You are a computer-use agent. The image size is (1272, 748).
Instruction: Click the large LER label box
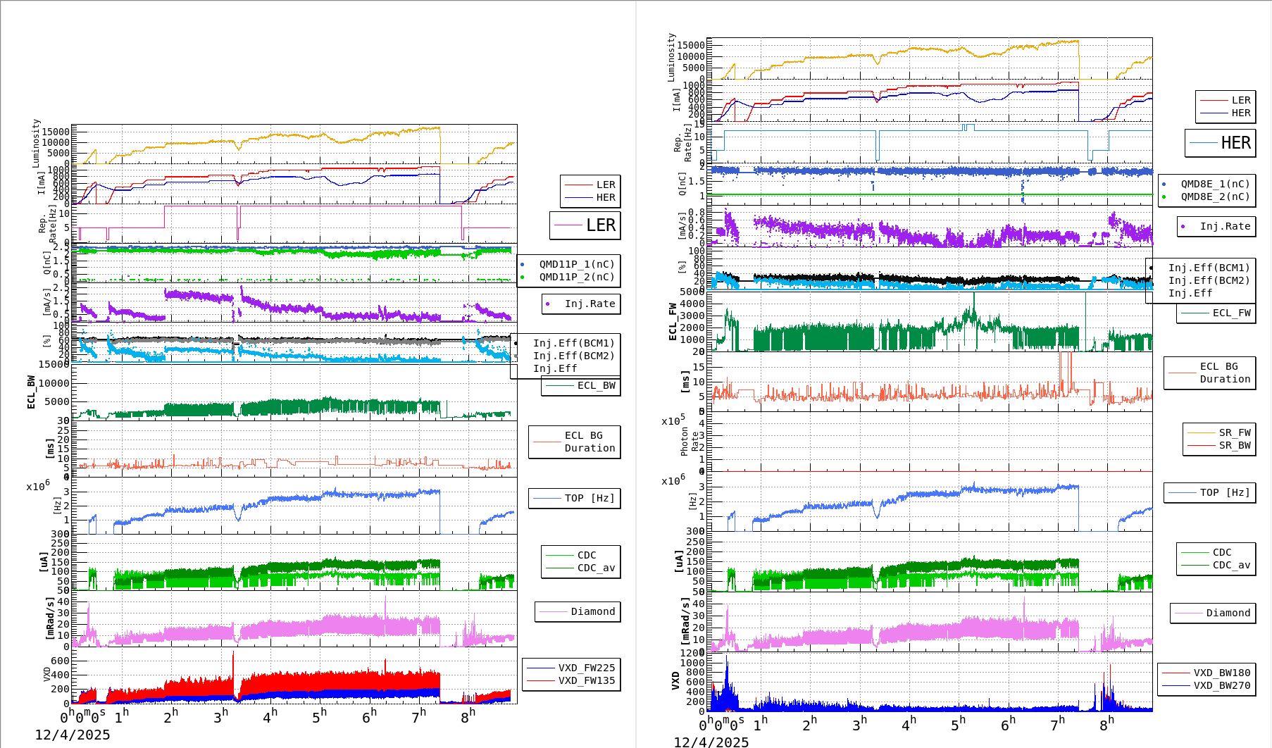[x=585, y=225]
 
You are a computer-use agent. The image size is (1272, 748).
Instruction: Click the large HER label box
[x=1220, y=143]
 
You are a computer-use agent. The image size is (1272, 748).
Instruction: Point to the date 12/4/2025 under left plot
[x=73, y=735]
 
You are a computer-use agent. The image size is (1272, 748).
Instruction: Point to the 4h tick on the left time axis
[x=269, y=716]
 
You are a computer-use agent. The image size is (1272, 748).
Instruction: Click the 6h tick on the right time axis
[x=1008, y=723]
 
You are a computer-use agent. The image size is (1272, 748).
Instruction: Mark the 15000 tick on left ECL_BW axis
[x=54, y=364]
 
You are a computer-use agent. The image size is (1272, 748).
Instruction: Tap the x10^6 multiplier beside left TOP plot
[x=38, y=486]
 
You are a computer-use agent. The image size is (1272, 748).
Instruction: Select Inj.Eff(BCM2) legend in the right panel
[x=1209, y=280]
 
